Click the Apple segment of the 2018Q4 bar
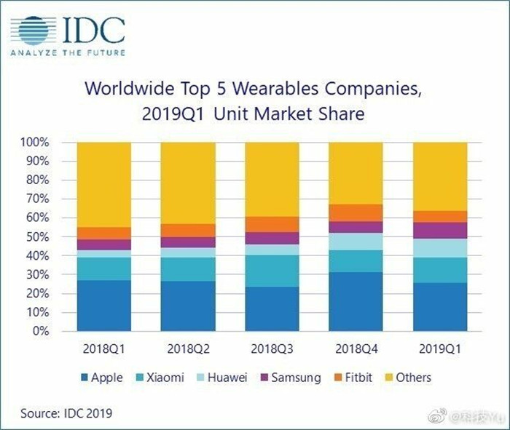pyautogui.click(x=356, y=301)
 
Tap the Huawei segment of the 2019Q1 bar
pyautogui.click(x=440, y=248)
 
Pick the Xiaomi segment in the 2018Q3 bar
pyautogui.click(x=272, y=271)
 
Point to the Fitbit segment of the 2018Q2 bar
pyautogui.click(x=188, y=230)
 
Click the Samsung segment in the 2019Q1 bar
pyautogui.click(x=440, y=231)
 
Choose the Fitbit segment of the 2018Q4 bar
pyautogui.click(x=356, y=212)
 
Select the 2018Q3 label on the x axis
pyautogui.click(x=272, y=347)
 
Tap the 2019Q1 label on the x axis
pyautogui.click(x=440, y=347)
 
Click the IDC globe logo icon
pyautogui.click(x=33, y=31)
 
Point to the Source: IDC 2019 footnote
pyautogui.click(x=66, y=413)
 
